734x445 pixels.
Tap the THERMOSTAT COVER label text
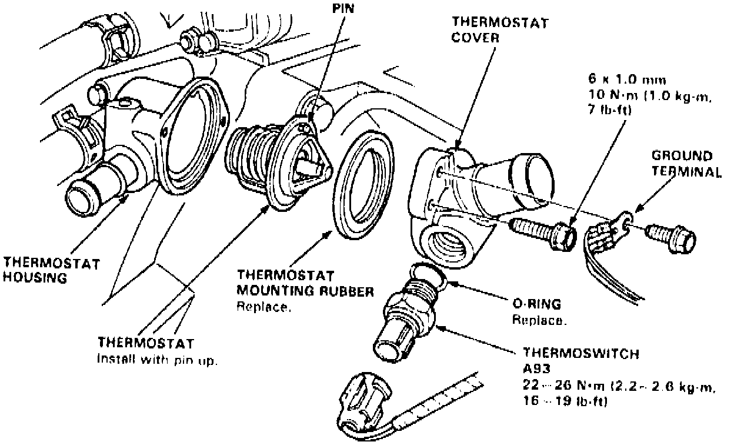pyautogui.click(x=500, y=29)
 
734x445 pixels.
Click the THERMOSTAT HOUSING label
pyautogui.click(x=43, y=268)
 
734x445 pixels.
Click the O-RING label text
pyautogui.click(x=536, y=304)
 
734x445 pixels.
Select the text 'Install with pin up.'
pyautogui.click(x=158, y=360)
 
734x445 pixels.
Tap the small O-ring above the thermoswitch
pyautogui.click(x=428, y=274)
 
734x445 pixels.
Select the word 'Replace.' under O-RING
pyautogui.click(x=539, y=321)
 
